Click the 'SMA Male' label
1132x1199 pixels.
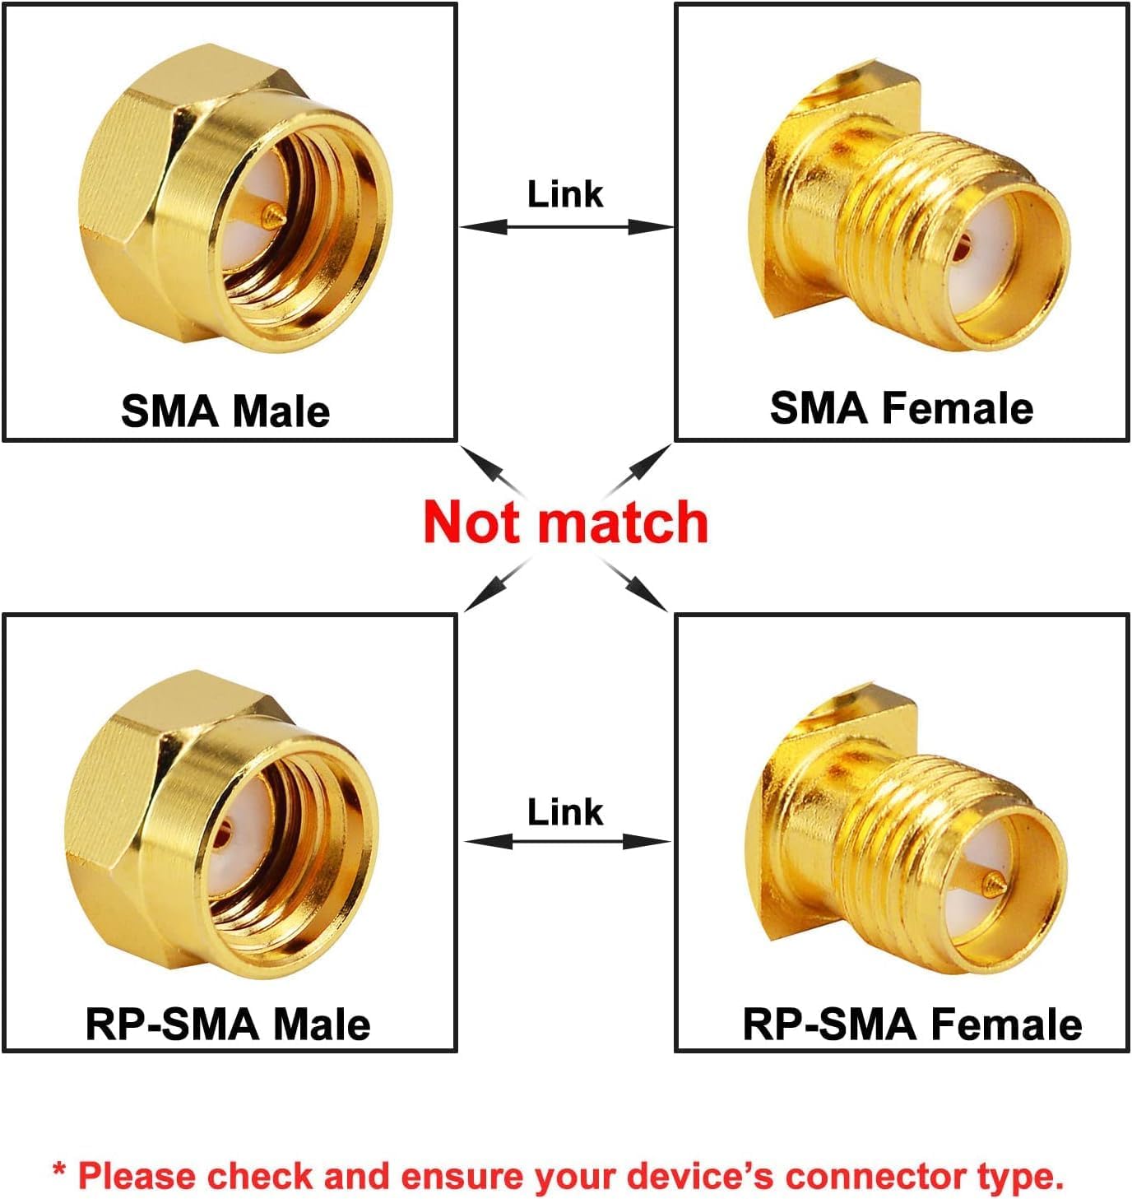(225, 411)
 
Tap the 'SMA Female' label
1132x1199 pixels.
(902, 408)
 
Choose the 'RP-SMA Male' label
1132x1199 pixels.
(228, 1025)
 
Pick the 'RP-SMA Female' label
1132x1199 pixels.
(912, 1025)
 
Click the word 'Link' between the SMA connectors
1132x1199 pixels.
(565, 195)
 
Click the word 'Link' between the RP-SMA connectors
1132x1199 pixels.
(565, 812)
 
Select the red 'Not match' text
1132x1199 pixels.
(565, 523)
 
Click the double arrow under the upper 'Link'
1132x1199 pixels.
(566, 226)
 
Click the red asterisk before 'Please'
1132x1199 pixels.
(59, 1171)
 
